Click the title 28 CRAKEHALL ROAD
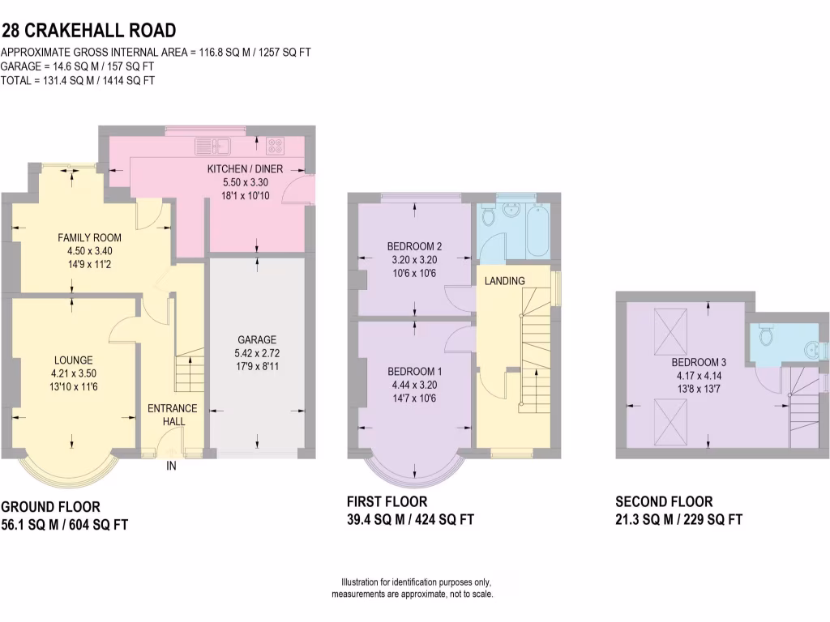[88, 32]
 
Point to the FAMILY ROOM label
[89, 237]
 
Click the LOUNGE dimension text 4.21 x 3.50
[74, 374]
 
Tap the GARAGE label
[257, 339]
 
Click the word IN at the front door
[172, 466]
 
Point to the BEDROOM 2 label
[414, 246]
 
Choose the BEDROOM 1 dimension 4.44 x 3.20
[414, 385]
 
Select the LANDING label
[505, 281]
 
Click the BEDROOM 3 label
[698, 361]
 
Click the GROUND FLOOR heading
[50, 508]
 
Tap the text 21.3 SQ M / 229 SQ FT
[678, 520]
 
